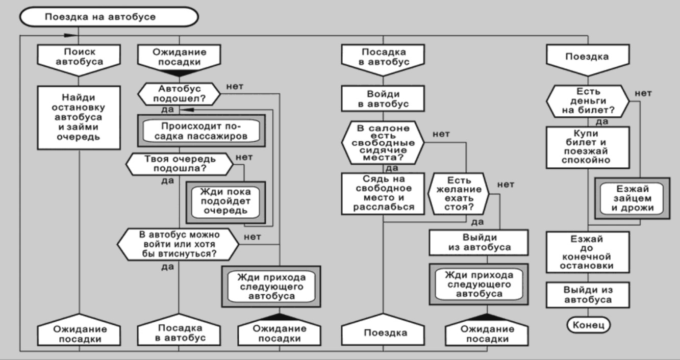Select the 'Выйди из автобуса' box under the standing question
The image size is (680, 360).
tap(477, 243)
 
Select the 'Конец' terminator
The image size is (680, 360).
tap(588, 324)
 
